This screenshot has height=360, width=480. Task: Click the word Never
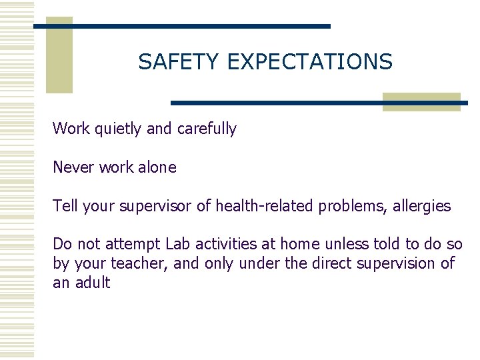pos(73,167)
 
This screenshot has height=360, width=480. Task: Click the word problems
pos(350,207)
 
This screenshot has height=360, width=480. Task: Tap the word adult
pos(92,283)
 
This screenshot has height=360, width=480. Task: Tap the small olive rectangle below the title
pos(421,101)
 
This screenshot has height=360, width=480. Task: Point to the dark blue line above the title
pos(182,26)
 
